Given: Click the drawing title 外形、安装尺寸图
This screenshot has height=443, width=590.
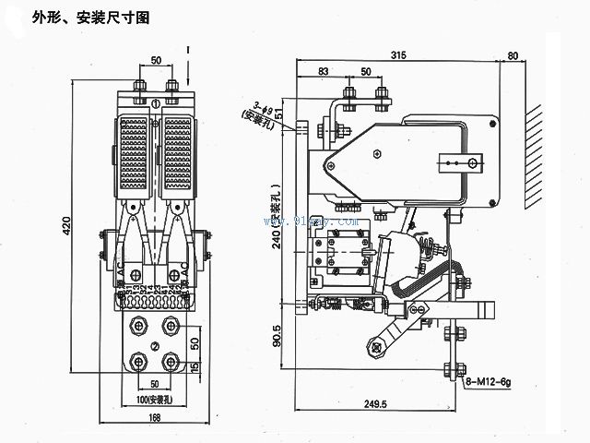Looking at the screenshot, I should click(90, 17).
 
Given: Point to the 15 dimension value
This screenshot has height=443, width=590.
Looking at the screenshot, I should click(195, 368).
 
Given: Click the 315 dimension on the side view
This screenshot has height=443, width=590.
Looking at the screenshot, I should click(398, 54).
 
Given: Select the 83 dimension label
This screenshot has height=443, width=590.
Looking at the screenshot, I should click(323, 72).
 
